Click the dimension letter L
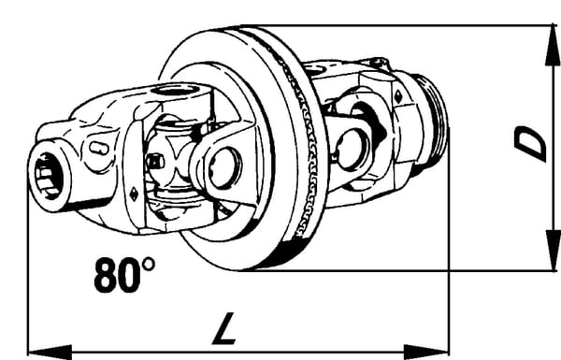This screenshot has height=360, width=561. (x=224, y=328)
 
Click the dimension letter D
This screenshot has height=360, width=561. (x=530, y=144)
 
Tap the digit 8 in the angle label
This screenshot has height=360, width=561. (x=107, y=275)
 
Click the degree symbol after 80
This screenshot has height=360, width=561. (x=149, y=265)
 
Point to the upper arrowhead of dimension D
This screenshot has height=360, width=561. (x=553, y=46)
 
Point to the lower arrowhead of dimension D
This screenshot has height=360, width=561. (x=553, y=251)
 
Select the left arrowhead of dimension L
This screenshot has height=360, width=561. (x=50, y=353)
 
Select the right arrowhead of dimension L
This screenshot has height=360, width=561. (x=426, y=353)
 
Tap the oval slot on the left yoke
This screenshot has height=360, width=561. (x=99, y=148)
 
